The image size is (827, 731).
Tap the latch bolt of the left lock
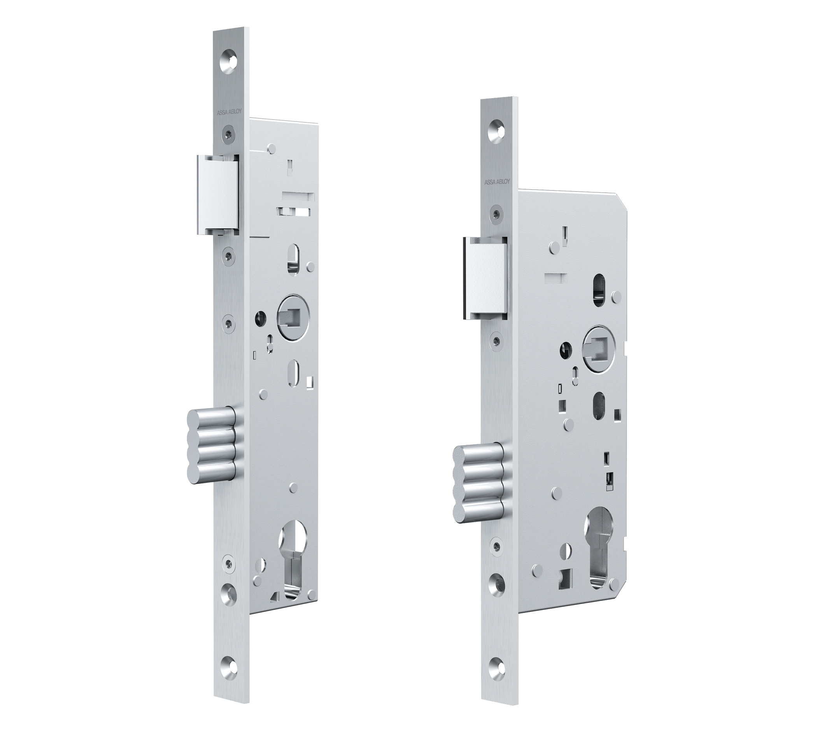click(x=218, y=194)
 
